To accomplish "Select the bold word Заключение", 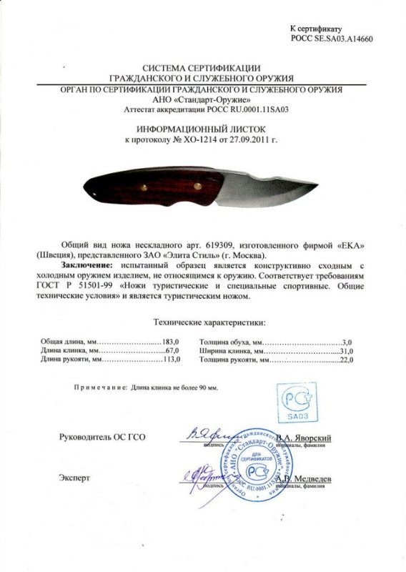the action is (x=83, y=266).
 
